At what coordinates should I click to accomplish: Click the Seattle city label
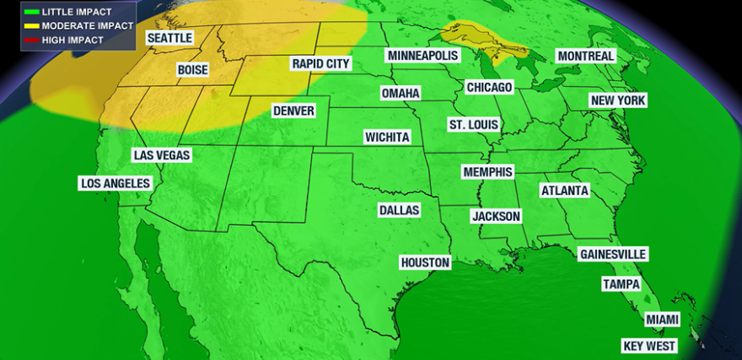[169, 39]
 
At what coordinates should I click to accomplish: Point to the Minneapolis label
[422, 56]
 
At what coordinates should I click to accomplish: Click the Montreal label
[585, 56]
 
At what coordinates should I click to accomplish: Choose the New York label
[618, 101]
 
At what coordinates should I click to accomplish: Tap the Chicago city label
[489, 88]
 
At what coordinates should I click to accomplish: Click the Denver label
[293, 111]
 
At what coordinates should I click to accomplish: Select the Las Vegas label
[162, 155]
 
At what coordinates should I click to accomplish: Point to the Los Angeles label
[115, 183]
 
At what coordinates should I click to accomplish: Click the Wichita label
[387, 137]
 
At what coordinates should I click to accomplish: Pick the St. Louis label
[473, 125]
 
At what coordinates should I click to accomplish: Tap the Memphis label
[487, 172]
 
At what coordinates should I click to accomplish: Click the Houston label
[425, 263]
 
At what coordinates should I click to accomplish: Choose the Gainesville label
[613, 255]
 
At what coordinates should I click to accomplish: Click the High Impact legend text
[74, 40]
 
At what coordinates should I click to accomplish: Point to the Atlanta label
[564, 191]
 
